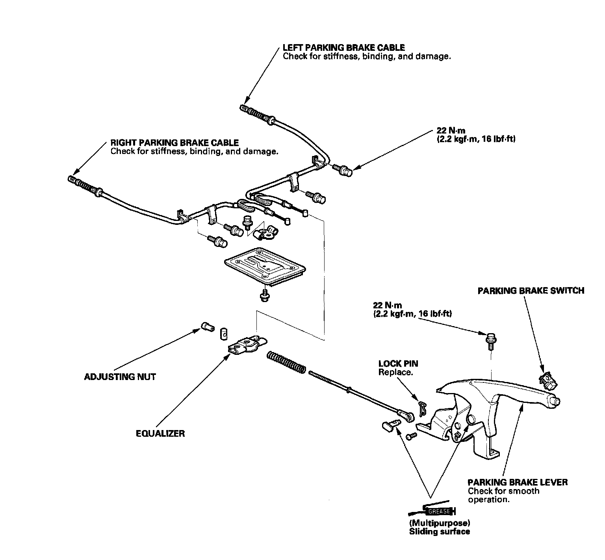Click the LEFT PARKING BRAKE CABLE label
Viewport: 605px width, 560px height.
pos(343,48)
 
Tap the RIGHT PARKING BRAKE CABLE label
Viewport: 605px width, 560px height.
pos(174,143)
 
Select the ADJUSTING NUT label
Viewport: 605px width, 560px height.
pos(120,377)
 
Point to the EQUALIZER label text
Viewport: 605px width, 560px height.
pos(160,434)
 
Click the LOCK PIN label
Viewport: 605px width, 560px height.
pos(398,364)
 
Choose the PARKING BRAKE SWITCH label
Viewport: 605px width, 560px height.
pos(531,291)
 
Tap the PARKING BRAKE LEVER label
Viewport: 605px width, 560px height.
pos(518,482)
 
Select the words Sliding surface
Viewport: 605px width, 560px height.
pos(439,532)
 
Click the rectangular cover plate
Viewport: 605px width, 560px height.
pos(264,265)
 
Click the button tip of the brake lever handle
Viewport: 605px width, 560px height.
pos(557,401)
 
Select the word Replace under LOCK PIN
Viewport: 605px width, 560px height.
pos(395,372)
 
